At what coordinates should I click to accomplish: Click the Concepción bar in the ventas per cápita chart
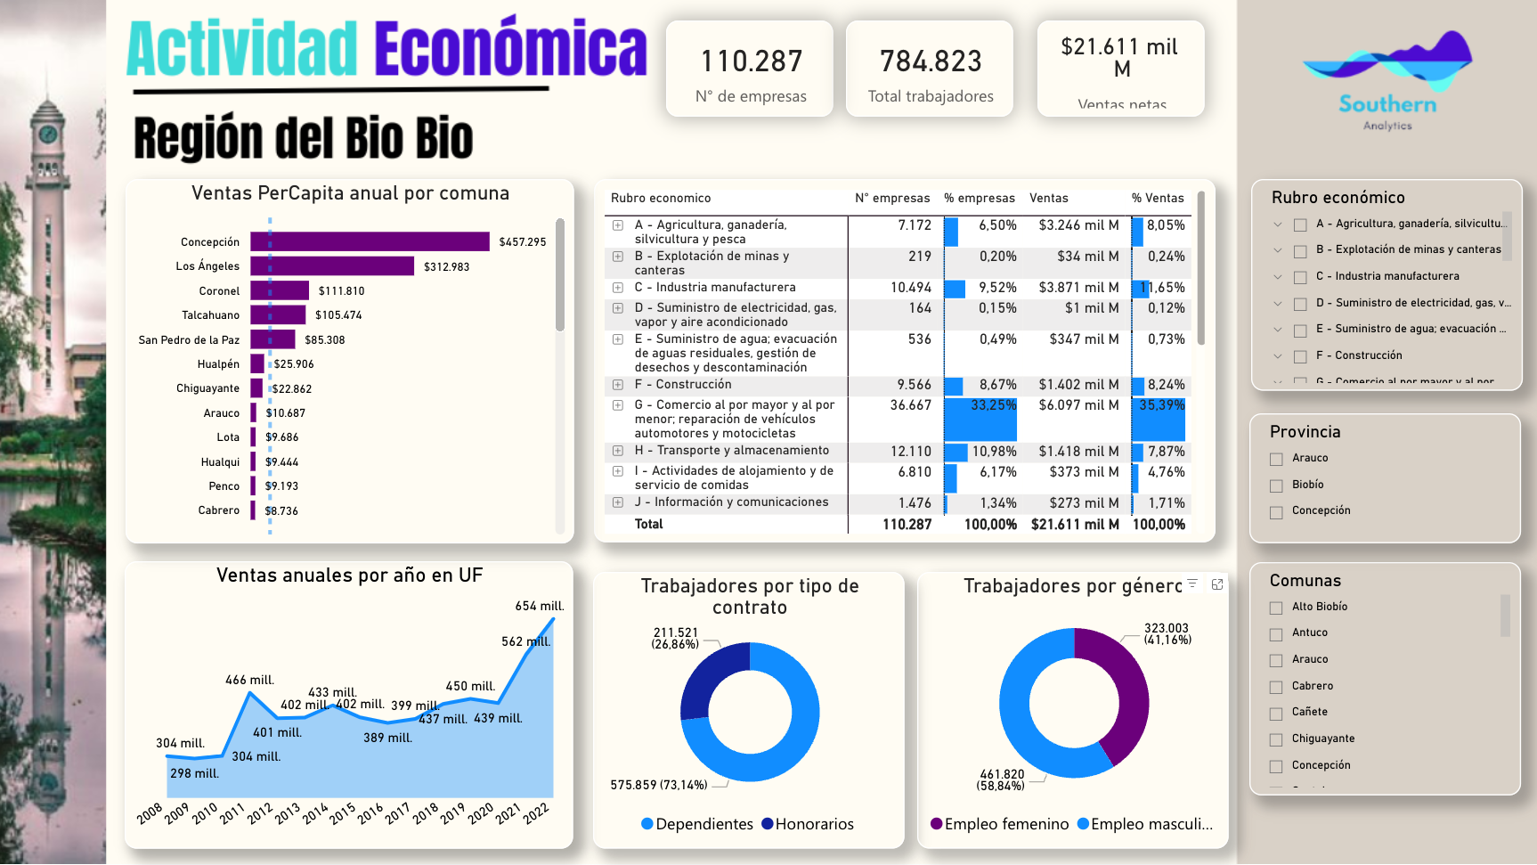click(370, 241)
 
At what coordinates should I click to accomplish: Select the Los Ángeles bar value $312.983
click(446, 266)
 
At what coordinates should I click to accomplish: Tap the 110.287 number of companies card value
click(751, 61)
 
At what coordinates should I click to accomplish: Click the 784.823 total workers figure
click(931, 61)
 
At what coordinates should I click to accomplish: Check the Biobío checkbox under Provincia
click(1276, 486)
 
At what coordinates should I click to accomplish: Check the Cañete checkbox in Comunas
click(1276, 713)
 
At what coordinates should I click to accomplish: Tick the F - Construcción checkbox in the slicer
click(1300, 356)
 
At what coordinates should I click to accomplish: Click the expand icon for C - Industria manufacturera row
click(618, 288)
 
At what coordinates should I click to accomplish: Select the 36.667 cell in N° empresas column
click(910, 405)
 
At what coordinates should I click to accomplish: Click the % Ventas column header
click(1157, 198)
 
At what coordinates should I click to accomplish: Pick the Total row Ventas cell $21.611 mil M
click(1074, 525)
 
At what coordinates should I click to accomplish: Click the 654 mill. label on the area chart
click(539, 606)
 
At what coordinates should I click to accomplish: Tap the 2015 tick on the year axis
click(342, 812)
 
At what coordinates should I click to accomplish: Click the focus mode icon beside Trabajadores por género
click(1217, 584)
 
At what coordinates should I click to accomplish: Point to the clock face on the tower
click(48, 135)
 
